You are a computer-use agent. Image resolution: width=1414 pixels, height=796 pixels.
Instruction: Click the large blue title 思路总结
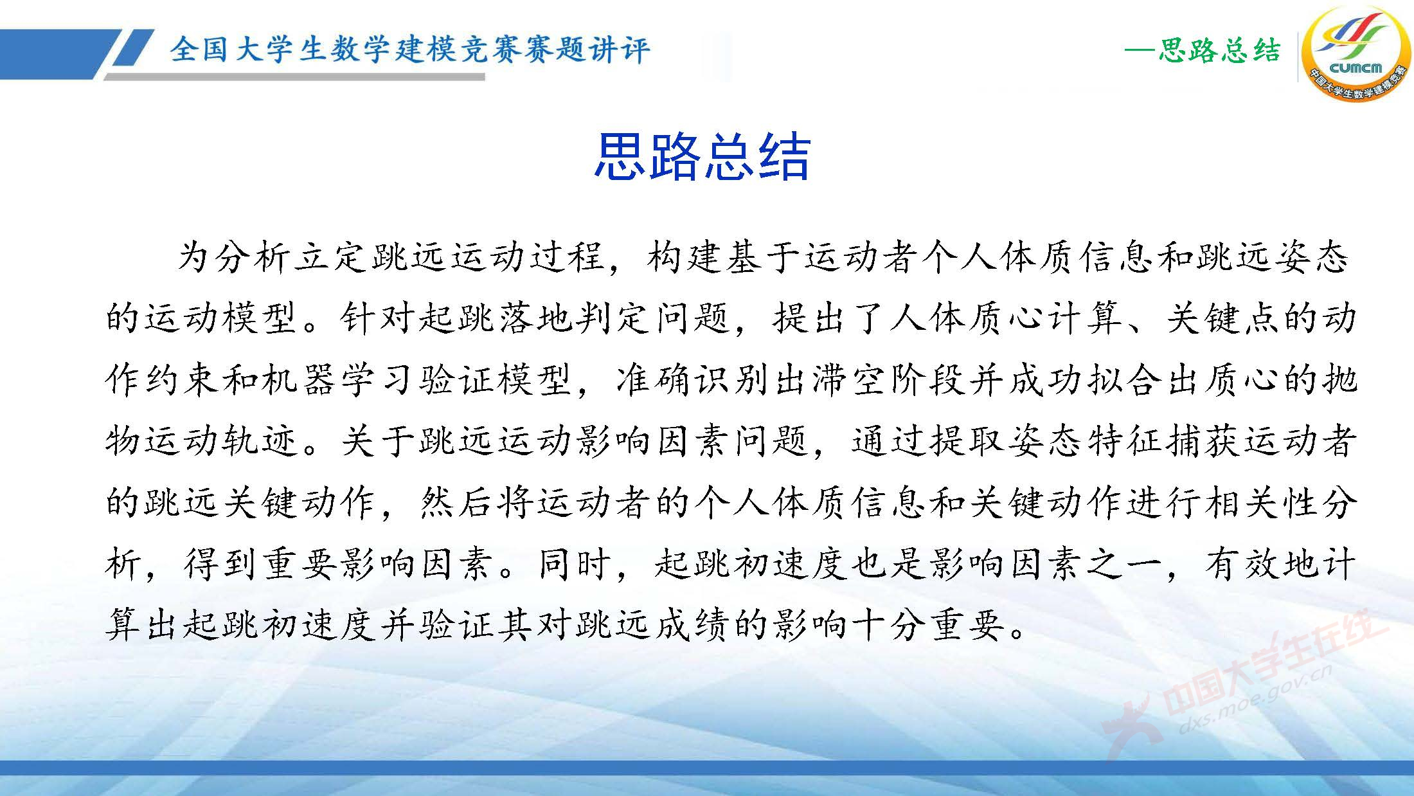[x=701, y=157]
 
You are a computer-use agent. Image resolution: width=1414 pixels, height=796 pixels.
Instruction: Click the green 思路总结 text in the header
[x=1219, y=51]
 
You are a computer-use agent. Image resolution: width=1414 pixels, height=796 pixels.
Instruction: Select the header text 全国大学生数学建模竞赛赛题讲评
[x=410, y=50]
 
